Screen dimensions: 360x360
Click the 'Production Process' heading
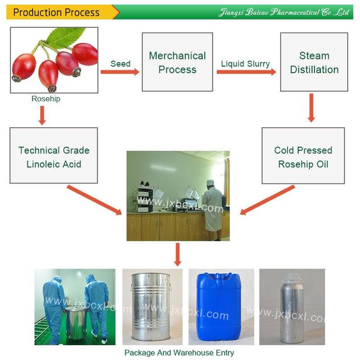click(x=56, y=12)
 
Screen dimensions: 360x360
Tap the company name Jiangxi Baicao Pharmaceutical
click(x=283, y=12)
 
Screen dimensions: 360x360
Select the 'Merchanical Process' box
click(x=177, y=62)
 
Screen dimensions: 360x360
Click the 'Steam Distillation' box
click(x=314, y=62)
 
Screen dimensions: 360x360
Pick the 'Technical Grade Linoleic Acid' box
click(x=54, y=156)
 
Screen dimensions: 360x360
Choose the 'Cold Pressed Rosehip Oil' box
click(x=303, y=156)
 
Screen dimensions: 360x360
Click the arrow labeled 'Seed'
click(x=120, y=72)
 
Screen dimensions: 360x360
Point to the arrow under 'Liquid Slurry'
click(x=246, y=72)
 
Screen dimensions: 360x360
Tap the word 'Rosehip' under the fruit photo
click(x=45, y=99)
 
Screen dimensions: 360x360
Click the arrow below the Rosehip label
click(x=42, y=115)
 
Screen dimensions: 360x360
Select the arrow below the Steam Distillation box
click(x=311, y=108)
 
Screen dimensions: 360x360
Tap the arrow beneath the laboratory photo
click(x=178, y=254)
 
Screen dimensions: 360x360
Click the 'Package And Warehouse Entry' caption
click(x=179, y=353)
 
